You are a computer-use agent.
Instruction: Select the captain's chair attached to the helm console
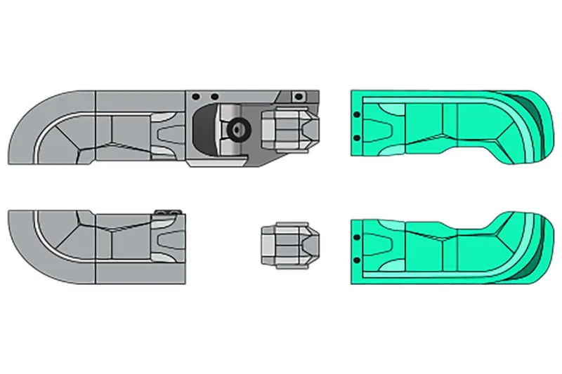point(289,127)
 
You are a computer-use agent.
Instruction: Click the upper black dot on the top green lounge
point(357,114)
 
